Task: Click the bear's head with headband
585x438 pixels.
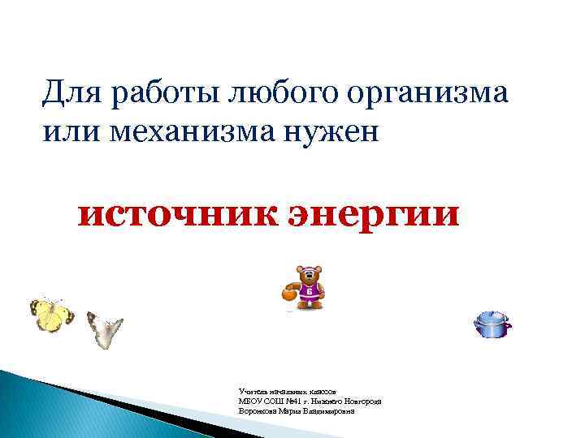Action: click(308, 275)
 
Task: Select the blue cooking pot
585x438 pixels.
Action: click(492, 326)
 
